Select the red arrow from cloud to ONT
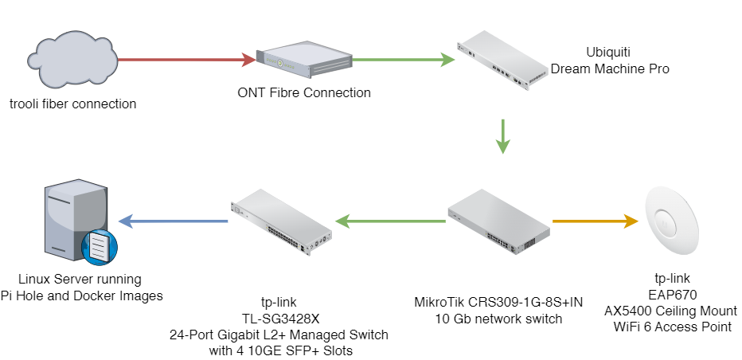click(185, 59)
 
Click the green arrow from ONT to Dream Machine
click(397, 59)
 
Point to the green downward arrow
click(502, 136)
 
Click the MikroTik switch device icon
click(498, 221)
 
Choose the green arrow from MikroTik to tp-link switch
click(390, 220)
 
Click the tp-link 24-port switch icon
click(282, 221)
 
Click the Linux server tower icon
click(76, 221)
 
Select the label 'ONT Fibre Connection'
click(304, 92)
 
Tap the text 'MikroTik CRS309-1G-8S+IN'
click(498, 303)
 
